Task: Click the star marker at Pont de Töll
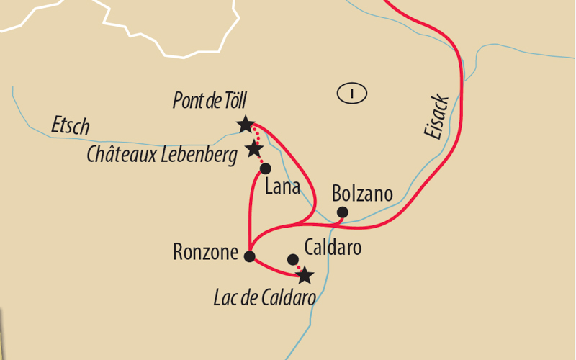(246, 125)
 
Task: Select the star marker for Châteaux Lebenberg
(253, 149)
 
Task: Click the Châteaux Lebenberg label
(162, 154)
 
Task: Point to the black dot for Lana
(265, 168)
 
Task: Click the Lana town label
(282, 188)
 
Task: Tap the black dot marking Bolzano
(343, 212)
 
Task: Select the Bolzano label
(362, 194)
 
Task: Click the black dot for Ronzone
(250, 256)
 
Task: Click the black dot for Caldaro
(292, 259)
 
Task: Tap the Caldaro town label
(332, 248)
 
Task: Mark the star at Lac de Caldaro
(305, 275)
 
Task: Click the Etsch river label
(71, 126)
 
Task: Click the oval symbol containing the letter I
(351, 92)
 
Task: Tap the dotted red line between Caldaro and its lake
(298, 267)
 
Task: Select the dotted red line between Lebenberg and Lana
(260, 160)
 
